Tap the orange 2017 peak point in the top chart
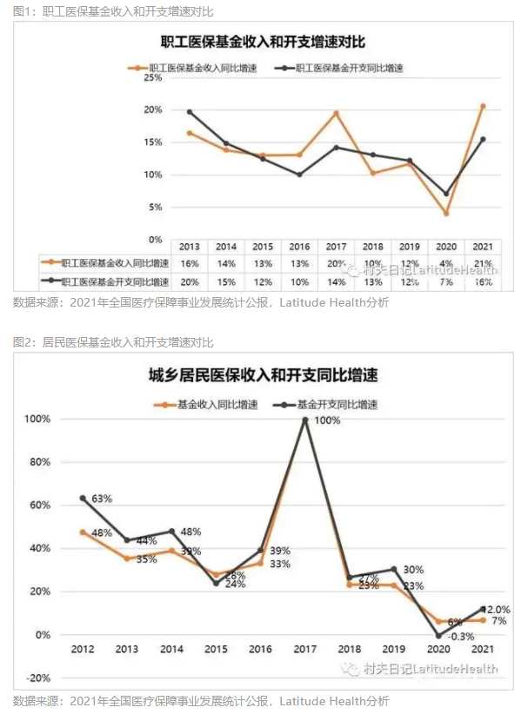336,114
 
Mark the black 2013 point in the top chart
190,112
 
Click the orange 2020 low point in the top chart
446,213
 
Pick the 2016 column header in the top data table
299,246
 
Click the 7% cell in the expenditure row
446,281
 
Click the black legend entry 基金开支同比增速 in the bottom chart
326,404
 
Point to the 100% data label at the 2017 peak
326,420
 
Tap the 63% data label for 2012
103,499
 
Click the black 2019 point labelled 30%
393,570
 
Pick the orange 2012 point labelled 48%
83,532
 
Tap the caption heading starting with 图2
113,342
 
